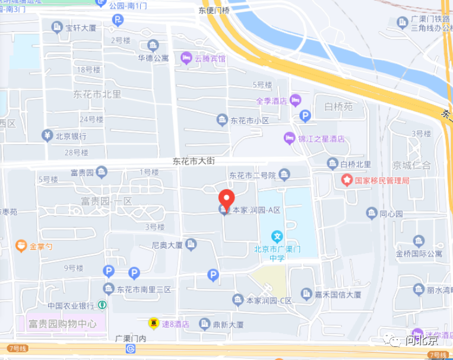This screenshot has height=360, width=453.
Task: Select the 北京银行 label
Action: [x=71, y=136]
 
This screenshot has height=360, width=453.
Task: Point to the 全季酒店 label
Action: [x=271, y=101]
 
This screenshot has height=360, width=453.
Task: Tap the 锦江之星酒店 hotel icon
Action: [x=289, y=138]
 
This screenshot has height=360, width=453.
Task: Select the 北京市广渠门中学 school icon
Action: [x=276, y=236]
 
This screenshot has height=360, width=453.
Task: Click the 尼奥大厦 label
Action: [x=167, y=244]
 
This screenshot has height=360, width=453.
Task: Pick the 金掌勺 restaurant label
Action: [x=41, y=246]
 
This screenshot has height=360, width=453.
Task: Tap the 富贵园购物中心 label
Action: [x=62, y=324]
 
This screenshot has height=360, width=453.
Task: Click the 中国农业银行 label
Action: [x=71, y=305]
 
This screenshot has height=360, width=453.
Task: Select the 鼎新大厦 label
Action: [x=229, y=324]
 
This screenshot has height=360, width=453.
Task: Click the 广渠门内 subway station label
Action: [x=131, y=338]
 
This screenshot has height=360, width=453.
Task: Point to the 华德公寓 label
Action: [x=154, y=58]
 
